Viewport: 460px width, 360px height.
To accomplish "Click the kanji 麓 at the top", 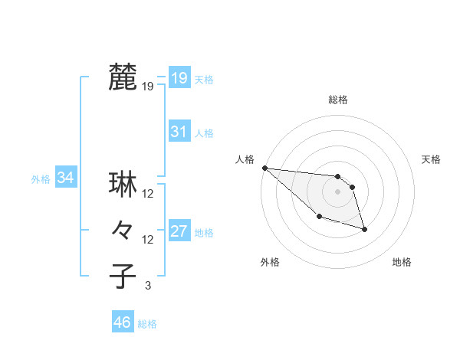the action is click(x=123, y=77).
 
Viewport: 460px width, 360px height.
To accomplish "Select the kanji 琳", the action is click(x=123, y=184).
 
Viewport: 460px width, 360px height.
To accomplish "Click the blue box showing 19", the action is click(x=179, y=78).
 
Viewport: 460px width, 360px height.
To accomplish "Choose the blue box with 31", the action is click(x=179, y=132).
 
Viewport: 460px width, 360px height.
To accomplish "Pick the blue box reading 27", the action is click(x=179, y=231).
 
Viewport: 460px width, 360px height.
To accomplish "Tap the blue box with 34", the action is click(x=66, y=178).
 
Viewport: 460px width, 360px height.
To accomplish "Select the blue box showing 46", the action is click(x=123, y=322).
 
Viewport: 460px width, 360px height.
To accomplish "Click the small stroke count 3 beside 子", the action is click(x=148, y=286).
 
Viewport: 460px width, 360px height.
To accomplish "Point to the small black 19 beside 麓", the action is click(x=148, y=87).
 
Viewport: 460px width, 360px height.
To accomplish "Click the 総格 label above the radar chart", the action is click(x=338, y=100).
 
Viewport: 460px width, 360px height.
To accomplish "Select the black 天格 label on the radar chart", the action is click(x=432, y=159).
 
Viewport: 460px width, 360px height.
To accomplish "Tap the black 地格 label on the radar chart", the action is click(x=402, y=262).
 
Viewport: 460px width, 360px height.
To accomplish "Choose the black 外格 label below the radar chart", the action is click(x=270, y=262).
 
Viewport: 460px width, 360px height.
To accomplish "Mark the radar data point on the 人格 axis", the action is click(x=264, y=168).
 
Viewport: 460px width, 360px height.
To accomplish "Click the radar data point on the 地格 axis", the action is click(x=364, y=229).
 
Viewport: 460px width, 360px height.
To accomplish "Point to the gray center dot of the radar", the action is click(x=338, y=191).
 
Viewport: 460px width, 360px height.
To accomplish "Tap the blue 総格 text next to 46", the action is click(x=147, y=324).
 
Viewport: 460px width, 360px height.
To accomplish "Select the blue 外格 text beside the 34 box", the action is click(x=41, y=179).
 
